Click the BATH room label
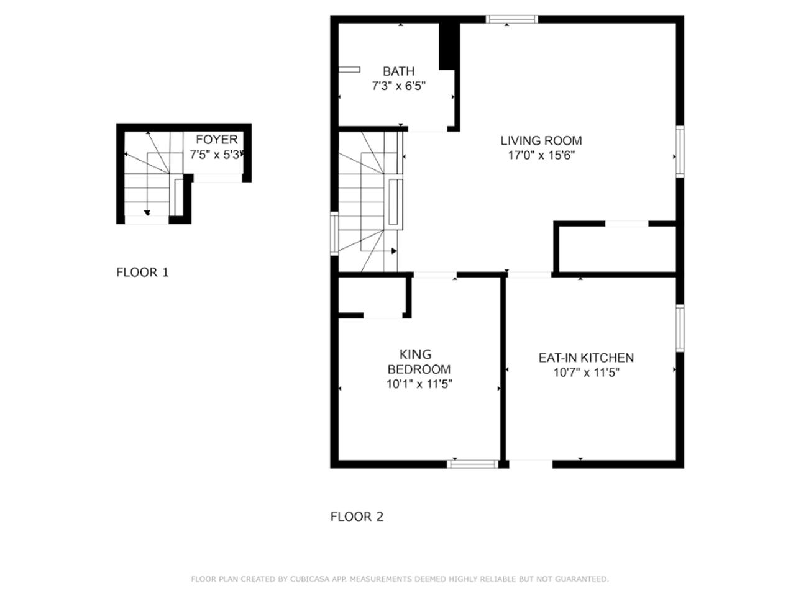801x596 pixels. [x=398, y=71]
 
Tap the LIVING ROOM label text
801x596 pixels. [x=541, y=140]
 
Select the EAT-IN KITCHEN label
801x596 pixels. [x=586, y=358]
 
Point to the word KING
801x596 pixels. [x=415, y=354]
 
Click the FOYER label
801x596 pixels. [x=217, y=139]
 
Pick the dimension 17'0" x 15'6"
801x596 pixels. [x=541, y=155]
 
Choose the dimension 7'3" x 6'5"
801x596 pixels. [x=398, y=86]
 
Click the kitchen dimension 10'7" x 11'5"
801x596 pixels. [x=586, y=372]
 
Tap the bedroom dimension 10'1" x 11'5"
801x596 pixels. [x=419, y=384]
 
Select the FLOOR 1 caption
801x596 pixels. [x=142, y=272]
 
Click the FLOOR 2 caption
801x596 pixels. [x=357, y=517]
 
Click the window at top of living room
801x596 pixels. [x=511, y=19]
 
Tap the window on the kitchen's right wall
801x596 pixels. [x=680, y=328]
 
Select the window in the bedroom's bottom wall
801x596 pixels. [x=473, y=464]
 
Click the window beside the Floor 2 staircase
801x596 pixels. [x=334, y=234]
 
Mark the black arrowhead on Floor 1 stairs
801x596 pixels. [x=147, y=213]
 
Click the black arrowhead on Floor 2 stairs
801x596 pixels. [x=394, y=251]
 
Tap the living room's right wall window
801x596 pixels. [x=680, y=151]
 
